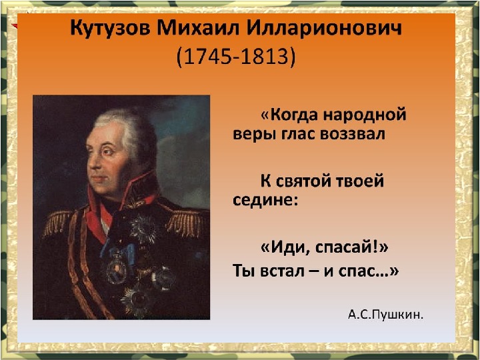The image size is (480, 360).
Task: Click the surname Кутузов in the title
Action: point(110,29)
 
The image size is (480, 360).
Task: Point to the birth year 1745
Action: point(209,56)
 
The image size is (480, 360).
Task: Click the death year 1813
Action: point(264,56)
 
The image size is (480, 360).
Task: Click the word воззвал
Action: point(353,135)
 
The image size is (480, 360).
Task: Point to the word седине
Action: point(263,201)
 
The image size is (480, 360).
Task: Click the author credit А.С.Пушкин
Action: point(386,315)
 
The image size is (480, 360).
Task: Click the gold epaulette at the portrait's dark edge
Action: point(57,223)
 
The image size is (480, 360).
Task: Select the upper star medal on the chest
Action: point(143,229)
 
